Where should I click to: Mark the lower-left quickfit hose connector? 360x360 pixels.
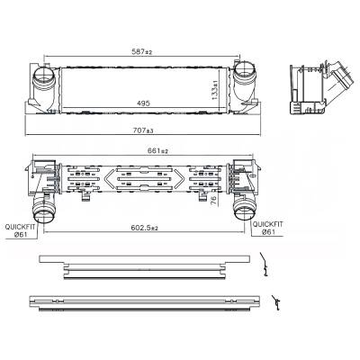coord(44,212)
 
